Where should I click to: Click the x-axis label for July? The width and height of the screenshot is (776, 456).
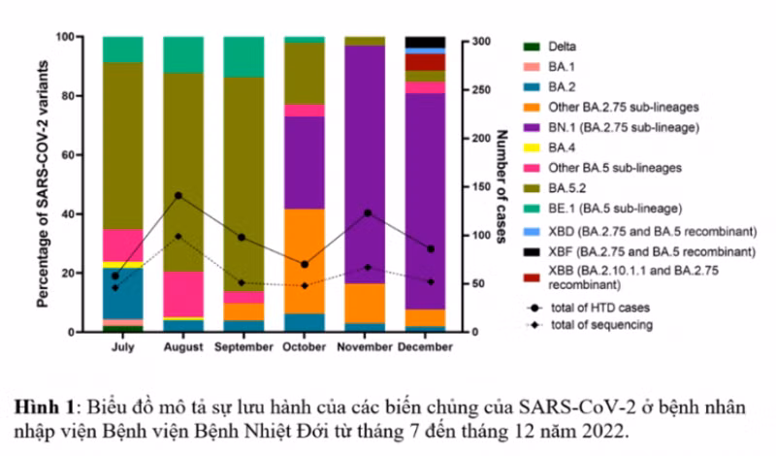coord(123,345)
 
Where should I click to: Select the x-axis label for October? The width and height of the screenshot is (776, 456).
coord(305,345)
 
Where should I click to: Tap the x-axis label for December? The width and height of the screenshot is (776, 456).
coord(425,345)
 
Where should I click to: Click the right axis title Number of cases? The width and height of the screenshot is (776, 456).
coord(501,184)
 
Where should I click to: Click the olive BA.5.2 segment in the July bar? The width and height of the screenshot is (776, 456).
coord(123,146)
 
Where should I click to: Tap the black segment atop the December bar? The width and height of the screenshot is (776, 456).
coord(425,42)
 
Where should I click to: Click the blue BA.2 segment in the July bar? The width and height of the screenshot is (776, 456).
coord(123,292)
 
